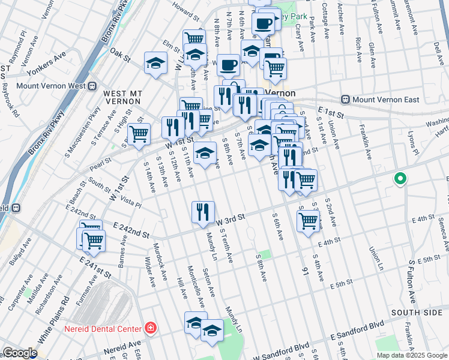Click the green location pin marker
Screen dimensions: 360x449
[x=400, y=179]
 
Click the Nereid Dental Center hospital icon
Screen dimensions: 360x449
[x=149, y=328]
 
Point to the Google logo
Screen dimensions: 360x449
[x=19, y=353]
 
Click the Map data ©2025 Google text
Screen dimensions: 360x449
[x=411, y=355]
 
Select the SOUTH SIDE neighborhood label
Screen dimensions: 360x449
[x=415, y=313]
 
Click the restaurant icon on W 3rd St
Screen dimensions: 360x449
[x=203, y=212]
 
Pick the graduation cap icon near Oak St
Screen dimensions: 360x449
[x=155, y=62]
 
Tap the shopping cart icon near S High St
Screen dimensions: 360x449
[x=139, y=134]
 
